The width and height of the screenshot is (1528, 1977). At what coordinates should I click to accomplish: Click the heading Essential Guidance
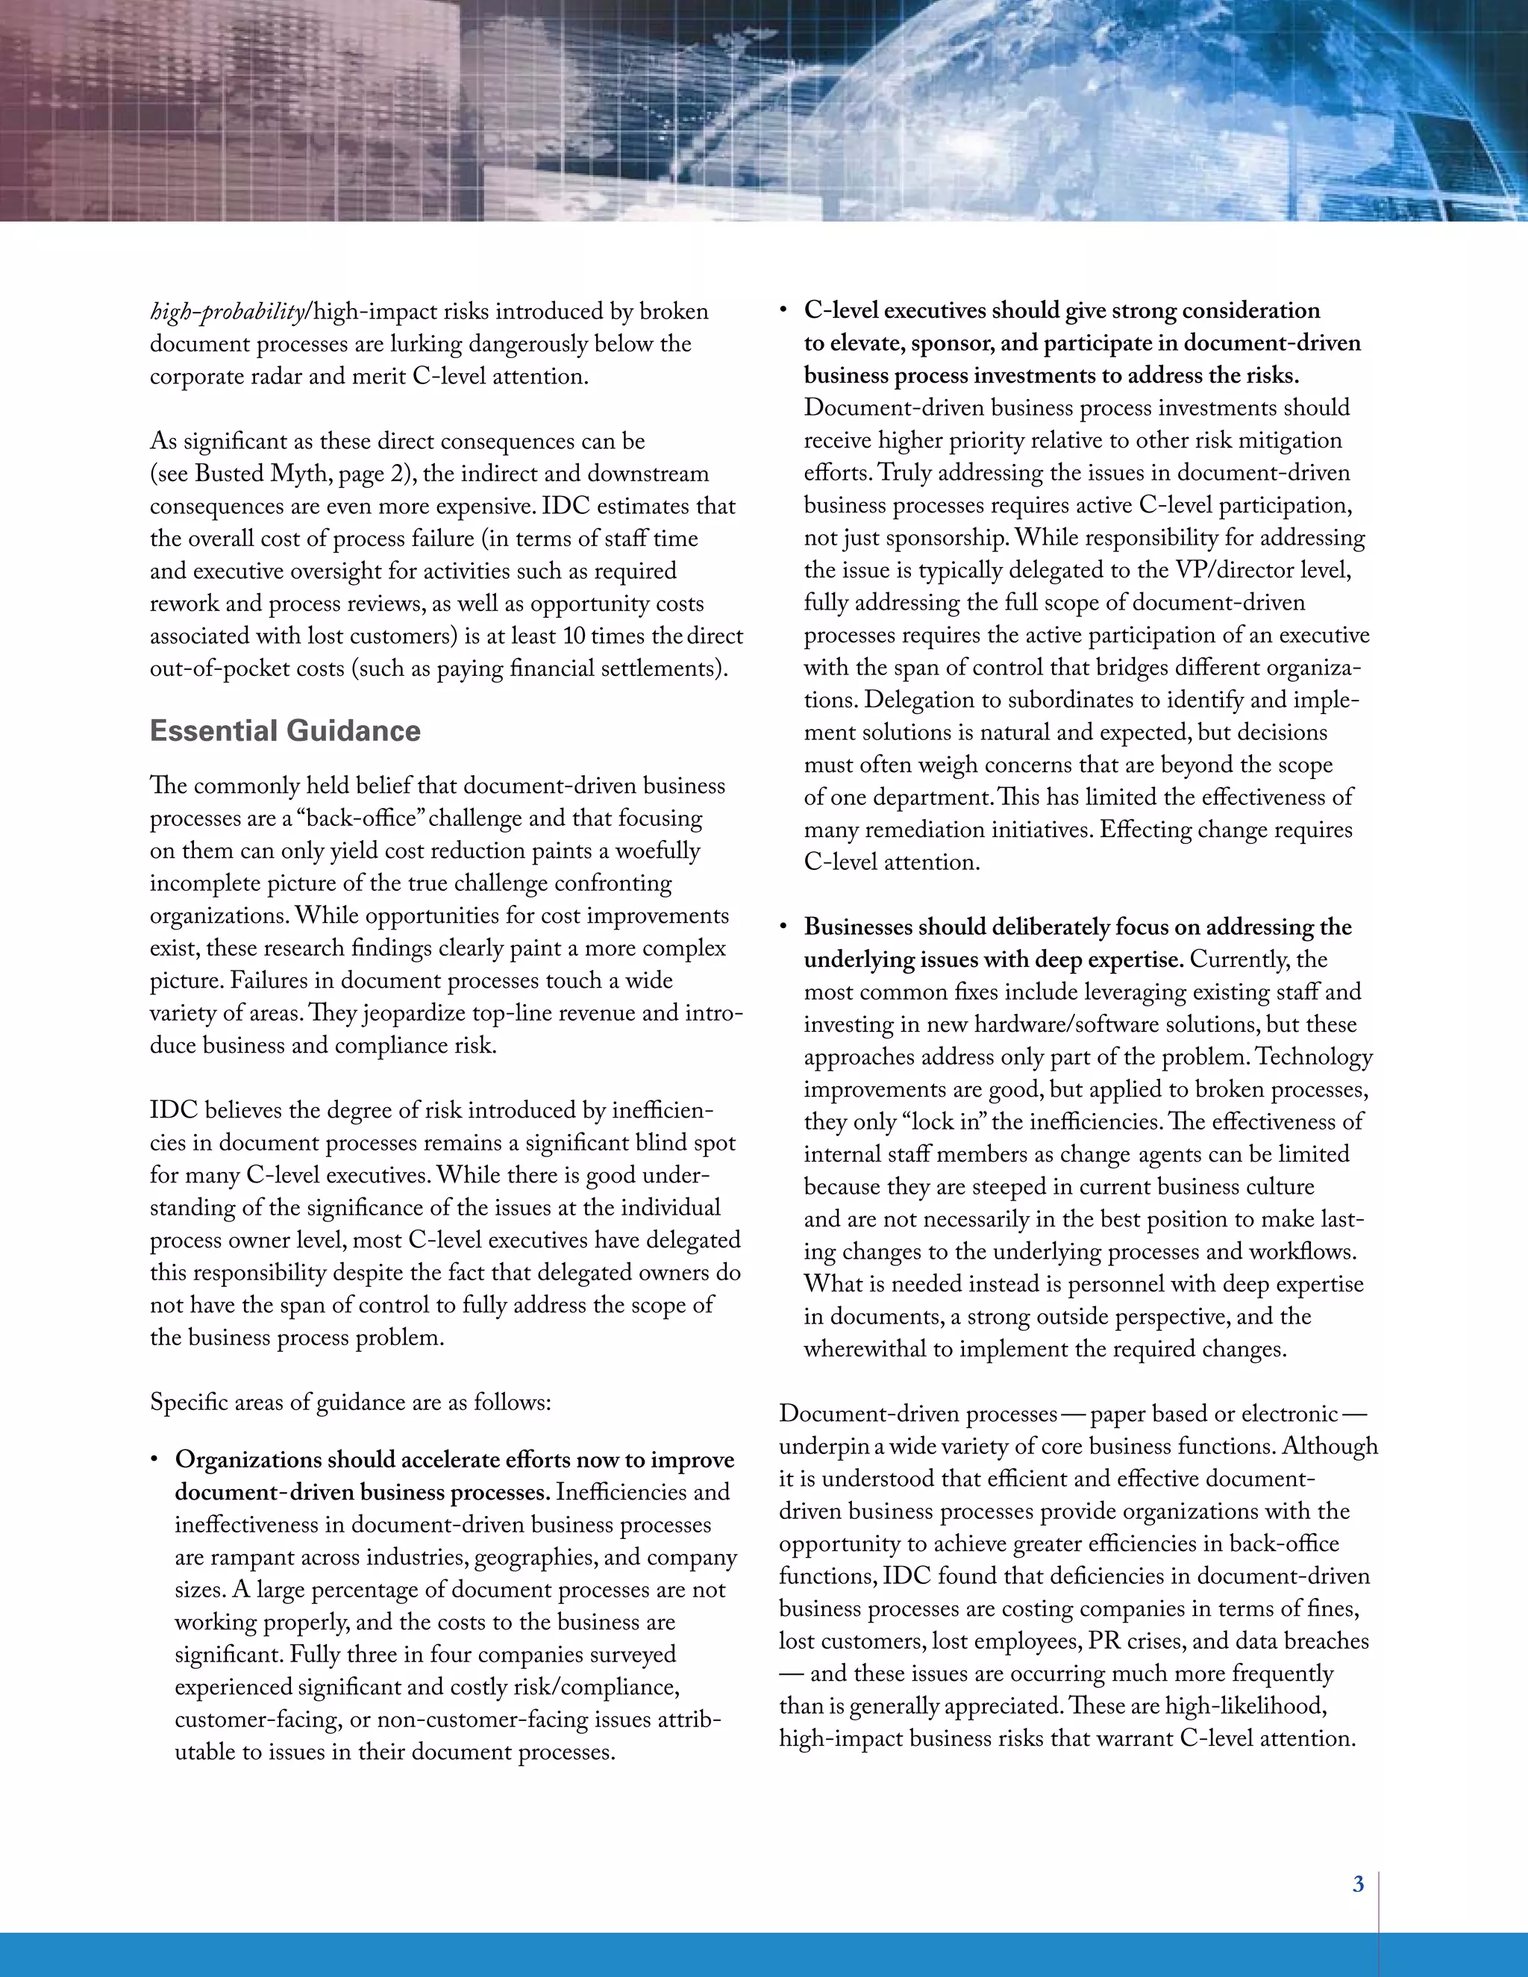(x=285, y=730)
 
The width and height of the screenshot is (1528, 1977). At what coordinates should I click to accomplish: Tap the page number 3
(x=1358, y=1884)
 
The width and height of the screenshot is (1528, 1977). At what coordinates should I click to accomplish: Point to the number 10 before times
(x=574, y=636)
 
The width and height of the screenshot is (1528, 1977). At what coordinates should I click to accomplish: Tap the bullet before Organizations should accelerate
(x=156, y=1460)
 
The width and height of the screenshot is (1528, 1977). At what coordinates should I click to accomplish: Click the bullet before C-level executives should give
(x=785, y=311)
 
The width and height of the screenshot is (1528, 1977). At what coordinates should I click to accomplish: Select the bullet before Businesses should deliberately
(x=785, y=928)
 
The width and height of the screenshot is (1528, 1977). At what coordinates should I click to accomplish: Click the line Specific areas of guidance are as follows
(x=351, y=1403)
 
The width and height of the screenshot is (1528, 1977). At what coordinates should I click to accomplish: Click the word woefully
(x=650, y=851)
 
